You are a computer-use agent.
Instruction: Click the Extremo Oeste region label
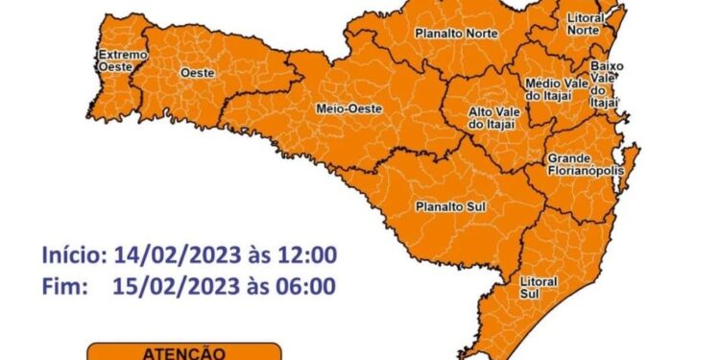[x=122, y=61]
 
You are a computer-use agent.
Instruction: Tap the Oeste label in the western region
[x=197, y=73]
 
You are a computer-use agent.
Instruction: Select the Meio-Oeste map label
[x=348, y=108]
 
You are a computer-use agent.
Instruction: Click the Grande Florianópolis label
[x=585, y=164]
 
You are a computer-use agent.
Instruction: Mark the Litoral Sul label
[x=538, y=288]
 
